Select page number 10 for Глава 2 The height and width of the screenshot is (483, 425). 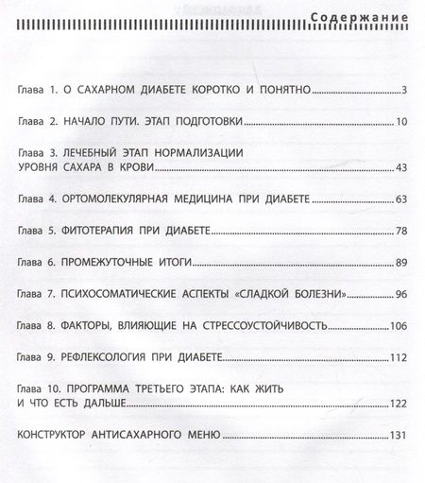pyautogui.click(x=399, y=122)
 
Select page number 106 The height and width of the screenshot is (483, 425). pyautogui.click(x=397, y=324)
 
